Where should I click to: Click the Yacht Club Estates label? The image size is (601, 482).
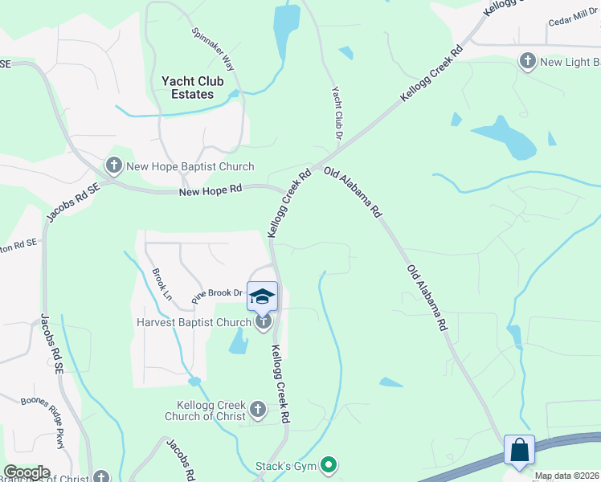click(192, 88)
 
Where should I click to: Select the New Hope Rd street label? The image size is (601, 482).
click(210, 191)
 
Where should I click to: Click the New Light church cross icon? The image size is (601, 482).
click(528, 61)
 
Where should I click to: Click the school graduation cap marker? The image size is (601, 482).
click(262, 296)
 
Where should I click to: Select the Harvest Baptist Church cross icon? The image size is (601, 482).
click(263, 322)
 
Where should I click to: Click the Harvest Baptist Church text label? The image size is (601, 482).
click(194, 323)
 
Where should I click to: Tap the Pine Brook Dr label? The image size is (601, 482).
click(216, 294)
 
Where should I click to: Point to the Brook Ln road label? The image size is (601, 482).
click(162, 284)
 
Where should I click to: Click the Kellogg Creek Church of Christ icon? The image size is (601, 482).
click(257, 410)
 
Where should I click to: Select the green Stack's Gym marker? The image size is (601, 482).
click(328, 464)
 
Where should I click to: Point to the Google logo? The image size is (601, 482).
click(27, 472)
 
